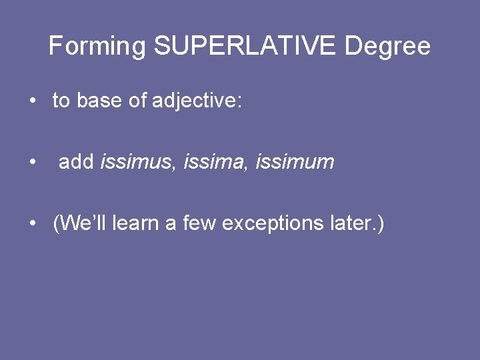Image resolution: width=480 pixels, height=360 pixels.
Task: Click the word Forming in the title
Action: coord(97,47)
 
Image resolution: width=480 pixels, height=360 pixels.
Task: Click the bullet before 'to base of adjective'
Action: coord(32,101)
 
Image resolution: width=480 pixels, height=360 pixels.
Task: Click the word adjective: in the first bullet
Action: coord(197,101)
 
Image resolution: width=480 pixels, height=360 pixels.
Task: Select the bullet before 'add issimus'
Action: coord(32,163)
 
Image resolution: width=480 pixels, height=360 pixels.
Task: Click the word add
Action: coord(77,162)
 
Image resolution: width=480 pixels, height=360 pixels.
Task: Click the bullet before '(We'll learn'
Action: coord(32,224)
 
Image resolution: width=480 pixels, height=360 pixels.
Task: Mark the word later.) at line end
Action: coord(357,223)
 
